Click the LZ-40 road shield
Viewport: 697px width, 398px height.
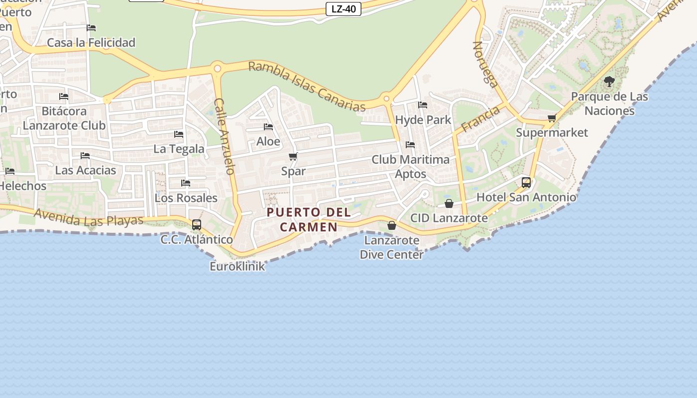pyautogui.click(x=344, y=9)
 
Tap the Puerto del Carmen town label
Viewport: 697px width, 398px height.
pyautogui.click(x=309, y=219)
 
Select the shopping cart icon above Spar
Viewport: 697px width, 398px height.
pyautogui.click(x=293, y=157)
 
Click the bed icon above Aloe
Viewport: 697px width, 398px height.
pyautogui.click(x=268, y=127)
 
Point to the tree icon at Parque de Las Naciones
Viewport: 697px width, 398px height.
pyautogui.click(x=609, y=81)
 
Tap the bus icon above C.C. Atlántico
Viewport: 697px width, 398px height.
pyautogui.click(x=197, y=224)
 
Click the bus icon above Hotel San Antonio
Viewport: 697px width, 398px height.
pyautogui.click(x=526, y=183)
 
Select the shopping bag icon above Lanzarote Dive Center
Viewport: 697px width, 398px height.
pyautogui.click(x=392, y=225)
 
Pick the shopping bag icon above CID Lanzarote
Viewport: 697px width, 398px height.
pyautogui.click(x=449, y=203)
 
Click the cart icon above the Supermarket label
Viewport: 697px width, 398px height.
pyautogui.click(x=552, y=118)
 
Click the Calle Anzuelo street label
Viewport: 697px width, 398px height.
pyautogui.click(x=225, y=136)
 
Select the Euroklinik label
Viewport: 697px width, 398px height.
pyautogui.click(x=237, y=266)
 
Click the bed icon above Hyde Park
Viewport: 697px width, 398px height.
pyautogui.click(x=423, y=105)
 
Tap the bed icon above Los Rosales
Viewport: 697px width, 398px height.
pyautogui.click(x=186, y=183)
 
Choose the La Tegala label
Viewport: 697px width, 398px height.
pyautogui.click(x=179, y=149)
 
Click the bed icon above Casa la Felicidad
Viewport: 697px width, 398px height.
pyautogui.click(x=91, y=28)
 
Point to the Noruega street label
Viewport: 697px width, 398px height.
pyautogui.click(x=485, y=64)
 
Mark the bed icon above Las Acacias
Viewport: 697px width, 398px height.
pyautogui.click(x=85, y=156)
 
